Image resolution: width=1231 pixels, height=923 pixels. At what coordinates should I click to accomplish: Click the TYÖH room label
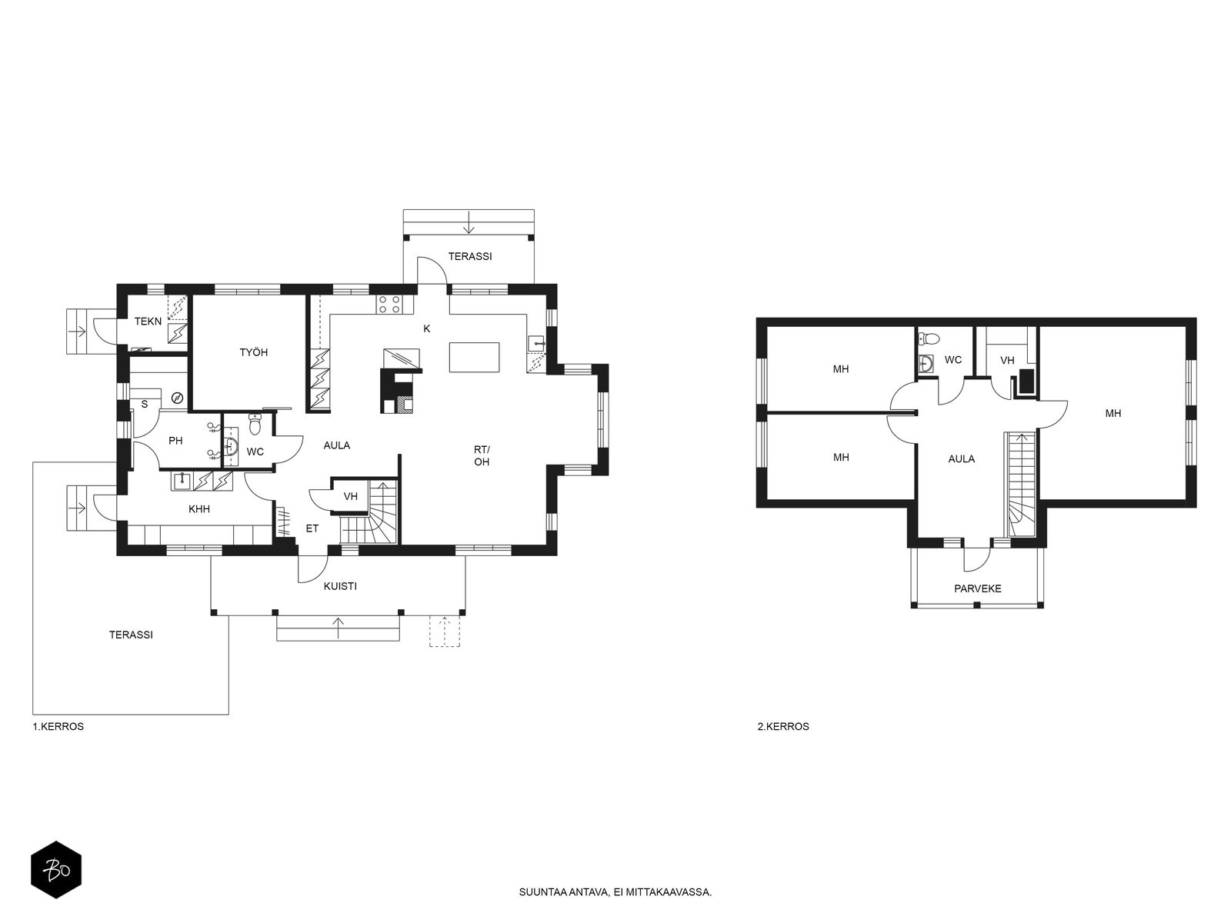pos(253,352)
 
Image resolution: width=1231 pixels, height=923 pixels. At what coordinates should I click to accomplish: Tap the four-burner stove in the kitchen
pos(389,305)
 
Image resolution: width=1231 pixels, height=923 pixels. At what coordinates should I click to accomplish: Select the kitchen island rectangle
pos(474,358)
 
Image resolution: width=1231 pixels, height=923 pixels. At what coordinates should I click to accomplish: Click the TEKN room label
pos(148,321)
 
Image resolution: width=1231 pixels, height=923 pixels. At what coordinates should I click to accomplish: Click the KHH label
pos(199,509)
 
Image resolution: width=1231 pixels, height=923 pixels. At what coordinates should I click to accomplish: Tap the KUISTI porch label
pos(340,586)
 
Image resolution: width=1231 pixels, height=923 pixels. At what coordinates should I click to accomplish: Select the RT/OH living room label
pos(482,455)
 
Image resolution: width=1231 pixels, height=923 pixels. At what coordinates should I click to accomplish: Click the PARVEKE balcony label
pos(978,588)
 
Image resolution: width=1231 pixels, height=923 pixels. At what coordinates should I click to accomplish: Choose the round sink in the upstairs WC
pos(926,364)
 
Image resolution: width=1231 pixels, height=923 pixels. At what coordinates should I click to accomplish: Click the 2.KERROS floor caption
pos(783,726)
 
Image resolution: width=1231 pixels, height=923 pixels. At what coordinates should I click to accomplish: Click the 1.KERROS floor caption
pos(58,726)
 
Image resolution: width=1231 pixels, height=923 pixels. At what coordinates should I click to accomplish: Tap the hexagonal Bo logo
pos(56,870)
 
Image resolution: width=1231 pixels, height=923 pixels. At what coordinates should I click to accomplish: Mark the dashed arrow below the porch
pos(445,631)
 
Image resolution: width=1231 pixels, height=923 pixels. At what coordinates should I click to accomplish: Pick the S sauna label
pos(144,404)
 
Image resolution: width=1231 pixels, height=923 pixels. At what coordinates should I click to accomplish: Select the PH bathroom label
pos(175,441)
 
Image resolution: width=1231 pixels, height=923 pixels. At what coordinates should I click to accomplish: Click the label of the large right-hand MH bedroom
pos(1113,414)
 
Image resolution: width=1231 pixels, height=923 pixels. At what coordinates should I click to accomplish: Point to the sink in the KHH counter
pos(182,481)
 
